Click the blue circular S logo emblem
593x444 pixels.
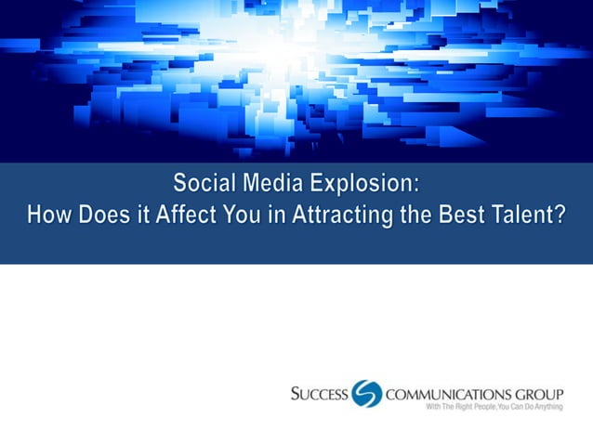point(367,394)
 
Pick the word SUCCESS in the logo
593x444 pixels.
point(319,394)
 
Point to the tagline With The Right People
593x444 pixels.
point(462,408)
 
